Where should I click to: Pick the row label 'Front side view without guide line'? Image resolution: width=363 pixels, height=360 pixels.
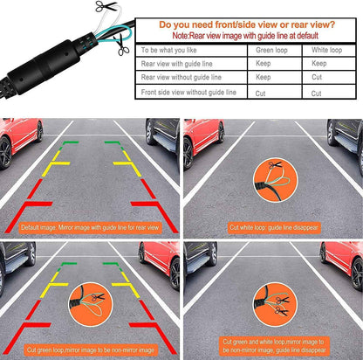199,93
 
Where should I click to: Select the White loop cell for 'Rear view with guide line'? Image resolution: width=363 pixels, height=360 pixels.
319,64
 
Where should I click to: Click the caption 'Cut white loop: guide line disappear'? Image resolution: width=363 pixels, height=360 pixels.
272,226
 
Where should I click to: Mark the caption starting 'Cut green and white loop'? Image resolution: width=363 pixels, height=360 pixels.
272,345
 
